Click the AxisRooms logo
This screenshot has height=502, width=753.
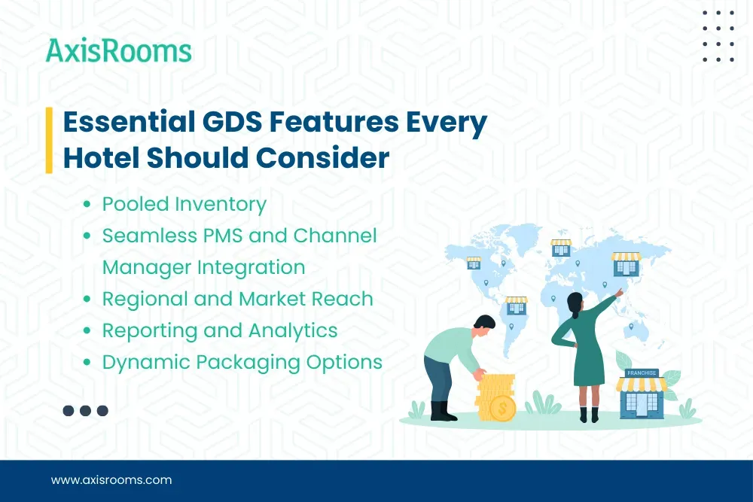point(118,50)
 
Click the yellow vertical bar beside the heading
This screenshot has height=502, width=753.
point(49,140)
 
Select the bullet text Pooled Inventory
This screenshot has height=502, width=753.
point(184,204)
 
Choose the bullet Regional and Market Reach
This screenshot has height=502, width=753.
point(237,299)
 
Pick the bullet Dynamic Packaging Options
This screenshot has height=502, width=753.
point(242,362)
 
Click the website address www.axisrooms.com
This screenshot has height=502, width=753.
point(111,480)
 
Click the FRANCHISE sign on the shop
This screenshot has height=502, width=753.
point(640,373)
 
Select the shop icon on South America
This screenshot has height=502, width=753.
point(517,304)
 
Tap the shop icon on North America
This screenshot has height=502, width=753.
point(474,263)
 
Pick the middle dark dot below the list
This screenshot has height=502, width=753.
point(86,410)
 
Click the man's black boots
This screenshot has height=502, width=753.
point(443,411)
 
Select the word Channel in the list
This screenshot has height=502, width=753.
point(335,236)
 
